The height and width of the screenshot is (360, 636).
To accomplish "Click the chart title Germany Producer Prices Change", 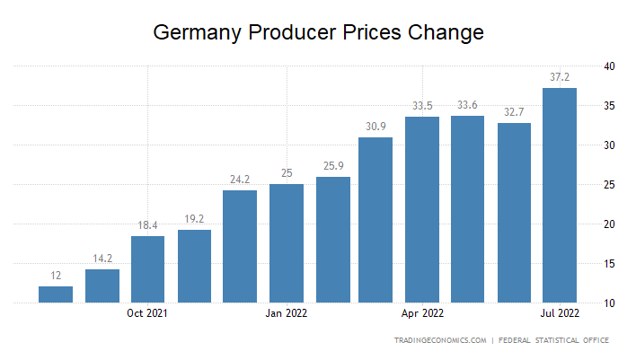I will point(319,33).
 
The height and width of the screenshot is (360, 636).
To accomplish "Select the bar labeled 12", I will point(56,294).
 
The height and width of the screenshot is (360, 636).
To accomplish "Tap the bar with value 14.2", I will point(102,286).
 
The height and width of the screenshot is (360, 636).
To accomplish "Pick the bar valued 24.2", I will point(240,247).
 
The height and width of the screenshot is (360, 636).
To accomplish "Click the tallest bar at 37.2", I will point(560,196).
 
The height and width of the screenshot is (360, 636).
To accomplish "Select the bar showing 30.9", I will point(375,220).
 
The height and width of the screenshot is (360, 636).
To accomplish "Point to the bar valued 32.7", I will point(514,213).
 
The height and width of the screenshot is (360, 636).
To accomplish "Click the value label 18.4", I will point(148,224).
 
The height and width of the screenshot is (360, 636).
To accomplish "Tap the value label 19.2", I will point(194,218).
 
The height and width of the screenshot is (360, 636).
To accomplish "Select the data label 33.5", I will point(422,105).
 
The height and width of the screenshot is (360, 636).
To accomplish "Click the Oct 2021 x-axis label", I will point(147,314).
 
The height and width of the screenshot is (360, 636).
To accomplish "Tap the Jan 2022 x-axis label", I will point(286,314).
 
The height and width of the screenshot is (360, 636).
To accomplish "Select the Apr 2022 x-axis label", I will point(422,314).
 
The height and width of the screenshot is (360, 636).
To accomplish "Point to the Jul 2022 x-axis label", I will point(560,314).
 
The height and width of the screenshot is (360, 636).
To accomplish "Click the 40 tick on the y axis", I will point(609,66).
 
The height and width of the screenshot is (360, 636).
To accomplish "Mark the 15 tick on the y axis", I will point(609,264).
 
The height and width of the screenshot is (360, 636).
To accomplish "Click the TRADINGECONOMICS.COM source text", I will point(440,340).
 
